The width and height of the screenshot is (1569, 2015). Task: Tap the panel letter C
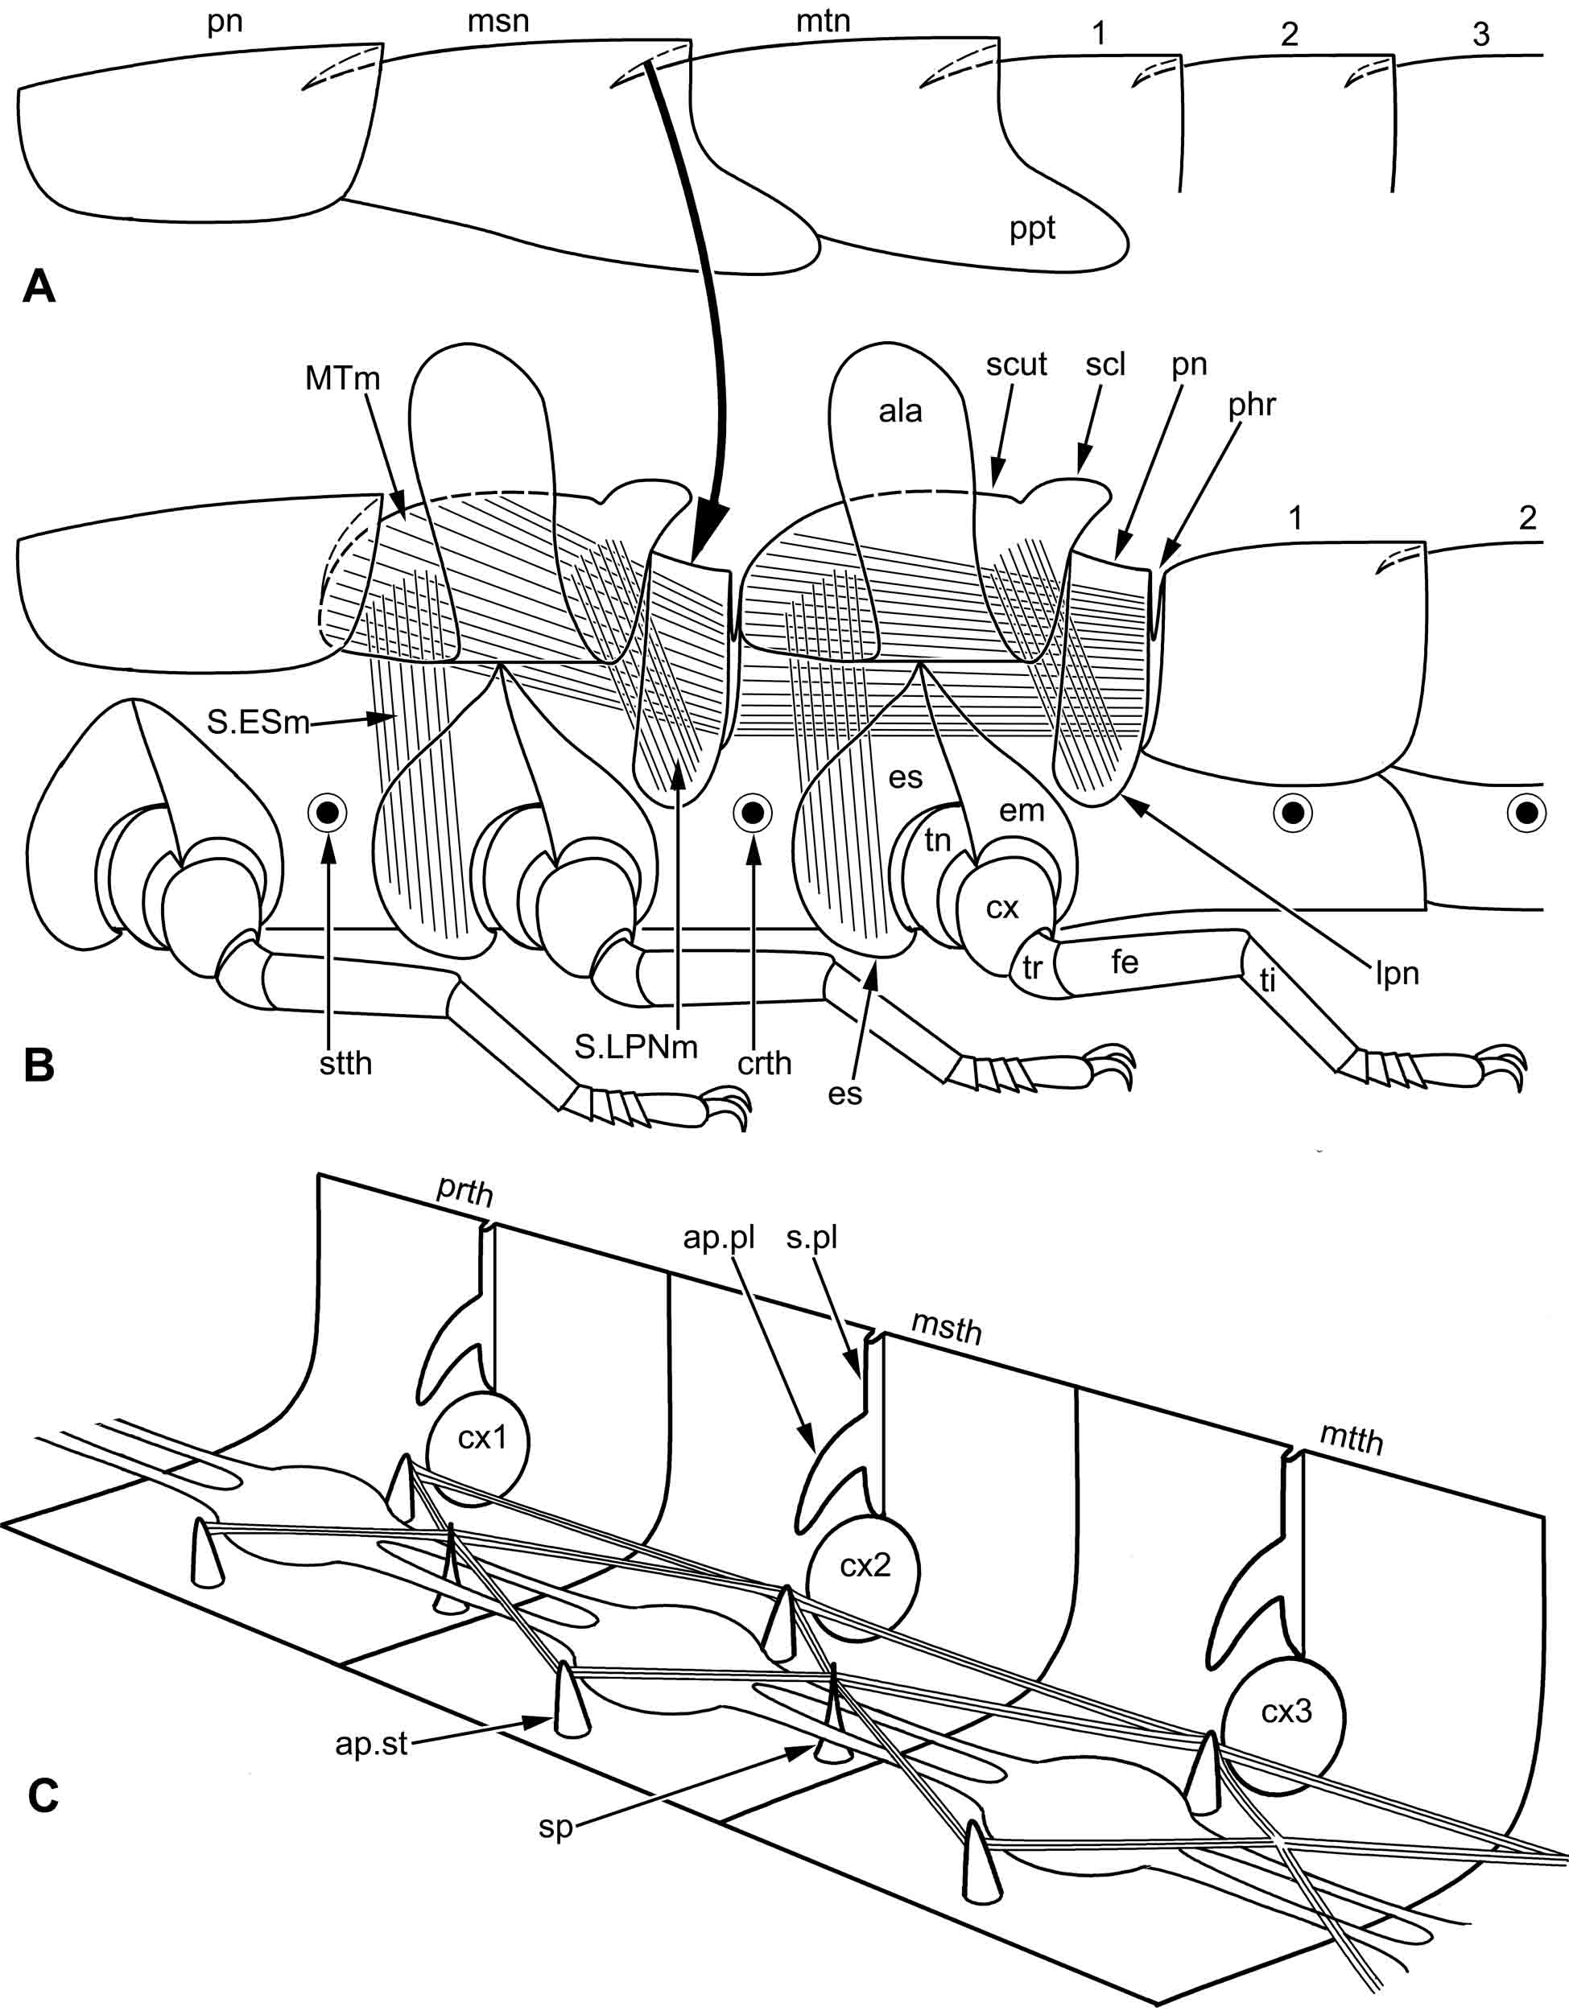tap(43, 1795)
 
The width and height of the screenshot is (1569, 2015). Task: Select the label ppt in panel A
tap(1032, 228)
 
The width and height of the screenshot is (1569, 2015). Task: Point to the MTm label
tap(342, 378)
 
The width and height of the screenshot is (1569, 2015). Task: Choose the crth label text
tap(764, 1064)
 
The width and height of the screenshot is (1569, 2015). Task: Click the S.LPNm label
tap(636, 1046)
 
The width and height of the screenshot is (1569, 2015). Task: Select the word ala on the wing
tap(900, 411)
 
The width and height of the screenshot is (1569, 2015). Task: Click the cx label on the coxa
tap(1001, 908)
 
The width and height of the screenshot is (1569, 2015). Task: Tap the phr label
tap(1252, 404)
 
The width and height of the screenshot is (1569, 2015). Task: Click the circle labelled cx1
tap(478, 1438)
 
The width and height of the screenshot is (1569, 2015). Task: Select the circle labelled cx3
tap(1286, 1712)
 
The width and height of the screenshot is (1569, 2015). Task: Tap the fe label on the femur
tap(1124, 962)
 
